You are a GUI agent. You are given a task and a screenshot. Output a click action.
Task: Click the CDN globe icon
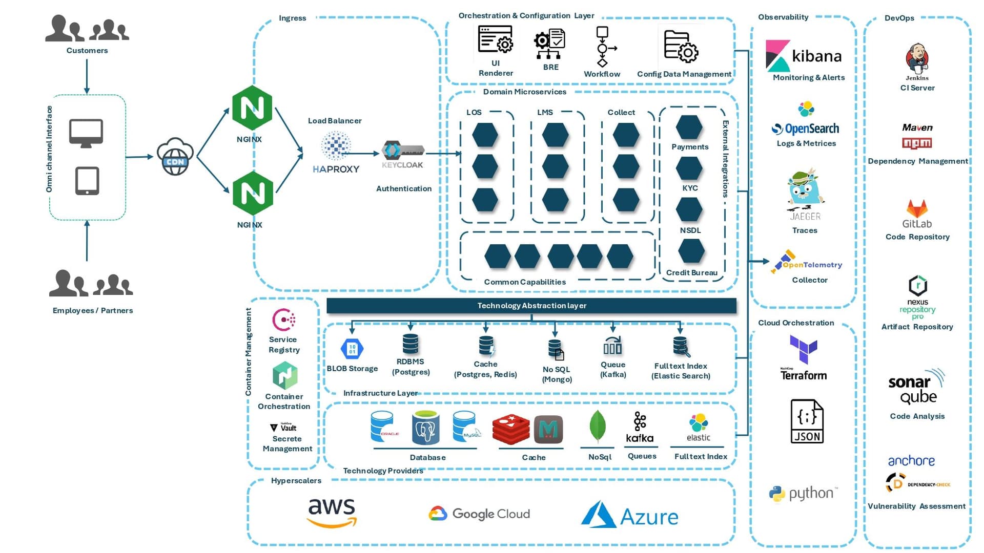(175, 157)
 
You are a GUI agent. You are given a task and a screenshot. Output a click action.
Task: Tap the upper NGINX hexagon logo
(252, 108)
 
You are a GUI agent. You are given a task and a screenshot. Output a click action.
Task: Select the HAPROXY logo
(336, 153)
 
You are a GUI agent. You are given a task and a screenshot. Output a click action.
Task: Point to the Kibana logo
(804, 55)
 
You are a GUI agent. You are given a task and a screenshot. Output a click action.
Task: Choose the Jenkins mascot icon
(917, 59)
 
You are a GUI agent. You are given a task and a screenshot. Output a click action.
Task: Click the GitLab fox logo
(917, 208)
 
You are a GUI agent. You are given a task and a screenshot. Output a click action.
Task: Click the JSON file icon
(807, 421)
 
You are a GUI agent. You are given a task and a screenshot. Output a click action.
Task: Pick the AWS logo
(332, 513)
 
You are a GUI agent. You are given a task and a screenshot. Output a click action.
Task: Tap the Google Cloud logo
(479, 514)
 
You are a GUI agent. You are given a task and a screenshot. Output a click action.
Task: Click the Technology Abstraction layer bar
(531, 306)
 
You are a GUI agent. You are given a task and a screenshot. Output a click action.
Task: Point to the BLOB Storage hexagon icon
(352, 349)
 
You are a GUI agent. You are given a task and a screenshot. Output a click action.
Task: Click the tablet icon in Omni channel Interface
(87, 181)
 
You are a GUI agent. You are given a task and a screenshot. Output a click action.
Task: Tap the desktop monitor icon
(86, 133)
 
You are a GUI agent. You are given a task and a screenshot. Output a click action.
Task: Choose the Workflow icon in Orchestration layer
(603, 47)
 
